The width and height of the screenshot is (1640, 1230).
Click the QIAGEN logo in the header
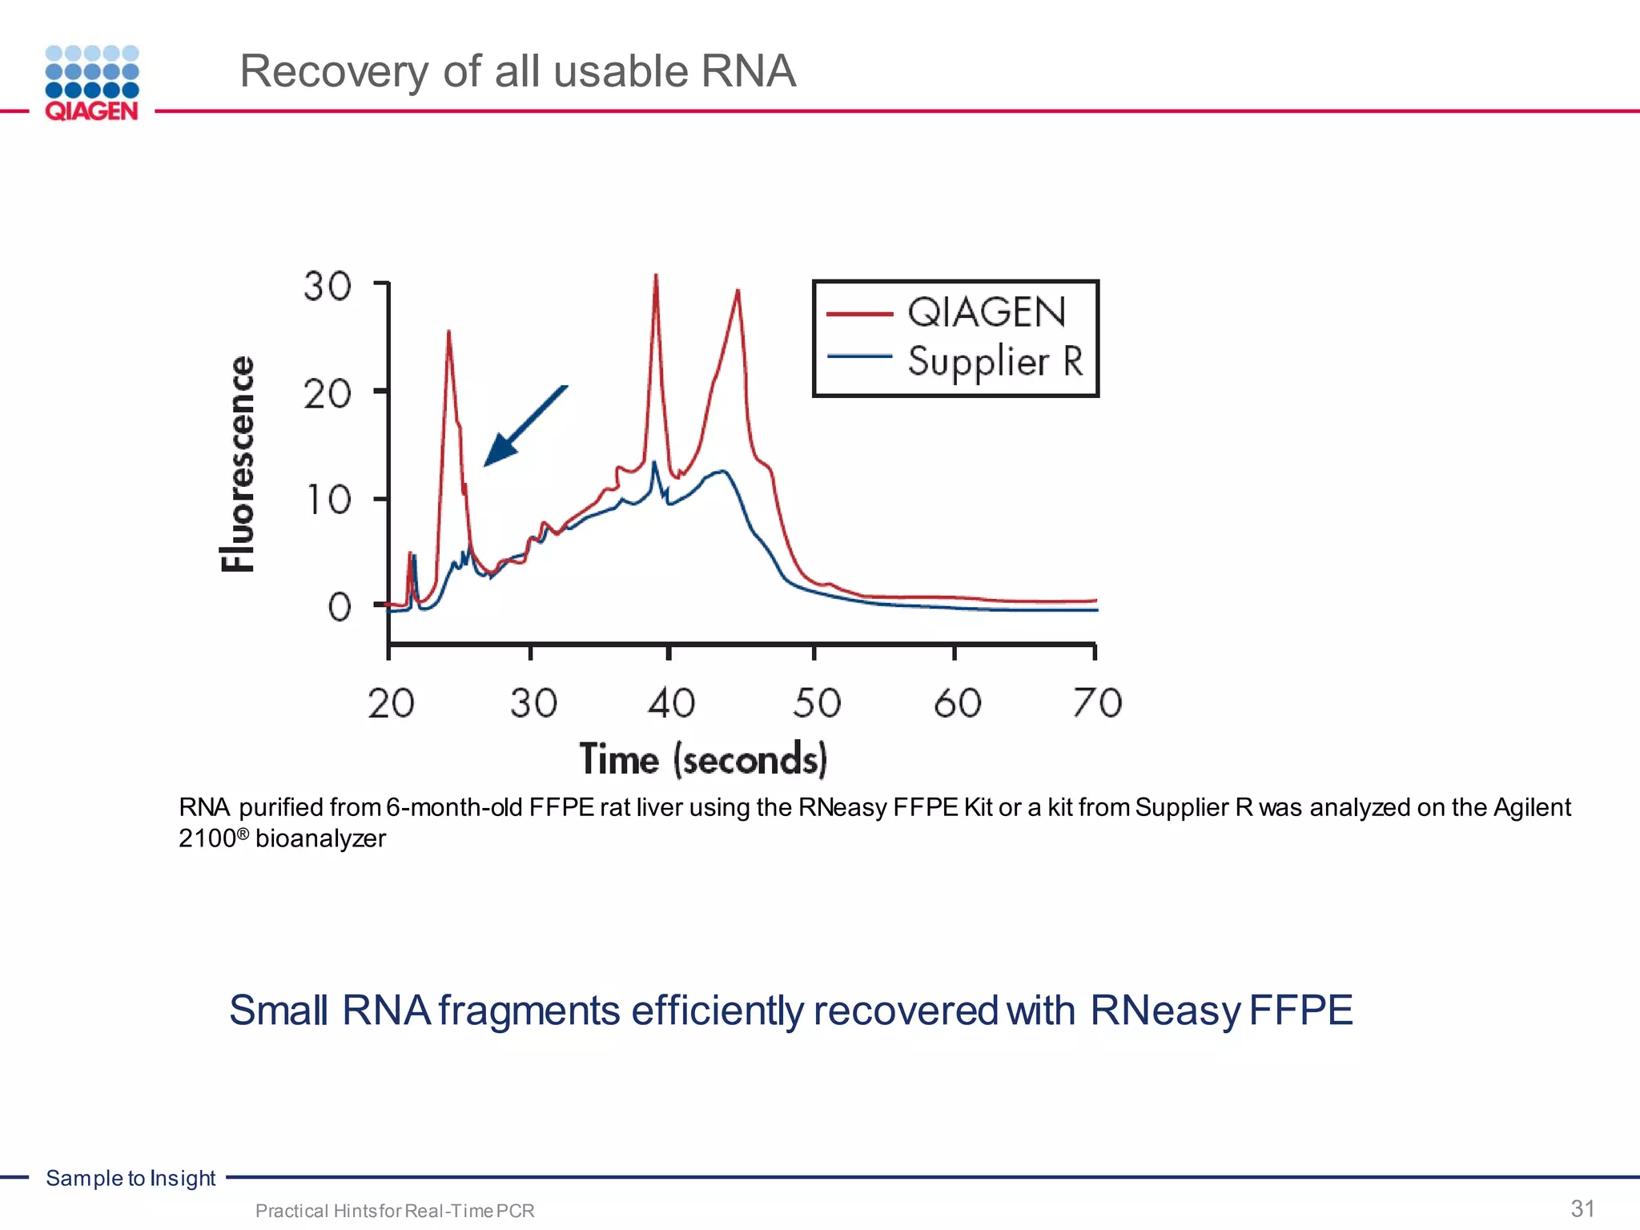pyautogui.click(x=92, y=83)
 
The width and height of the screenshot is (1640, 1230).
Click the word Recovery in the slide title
pyautogui.click(x=333, y=71)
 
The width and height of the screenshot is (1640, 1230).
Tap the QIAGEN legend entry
pyautogui.click(x=986, y=312)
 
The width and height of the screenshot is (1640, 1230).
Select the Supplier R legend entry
pyautogui.click(x=995, y=361)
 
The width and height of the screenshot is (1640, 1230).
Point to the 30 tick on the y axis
pyautogui.click(x=328, y=286)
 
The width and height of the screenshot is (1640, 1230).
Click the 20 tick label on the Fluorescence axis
pyautogui.click(x=328, y=394)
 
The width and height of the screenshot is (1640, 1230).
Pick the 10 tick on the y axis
pyautogui.click(x=329, y=500)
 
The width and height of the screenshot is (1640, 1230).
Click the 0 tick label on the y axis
pyautogui.click(x=340, y=607)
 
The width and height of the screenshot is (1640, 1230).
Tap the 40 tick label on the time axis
pyautogui.click(x=671, y=703)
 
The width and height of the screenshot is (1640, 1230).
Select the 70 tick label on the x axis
pyautogui.click(x=1097, y=703)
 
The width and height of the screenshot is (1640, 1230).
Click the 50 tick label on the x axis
pyautogui.click(x=817, y=703)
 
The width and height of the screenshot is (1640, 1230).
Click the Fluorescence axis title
pyautogui.click(x=238, y=464)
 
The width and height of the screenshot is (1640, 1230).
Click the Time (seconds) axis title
pyautogui.click(x=703, y=759)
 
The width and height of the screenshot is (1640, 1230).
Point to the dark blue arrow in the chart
pyautogui.click(x=525, y=427)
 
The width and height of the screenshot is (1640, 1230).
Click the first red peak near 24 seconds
pyautogui.click(x=448, y=332)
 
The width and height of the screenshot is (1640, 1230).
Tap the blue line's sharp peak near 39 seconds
pyautogui.click(x=654, y=463)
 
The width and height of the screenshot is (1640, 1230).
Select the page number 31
pyautogui.click(x=1582, y=1208)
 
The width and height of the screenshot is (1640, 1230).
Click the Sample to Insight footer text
pyautogui.click(x=131, y=1178)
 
